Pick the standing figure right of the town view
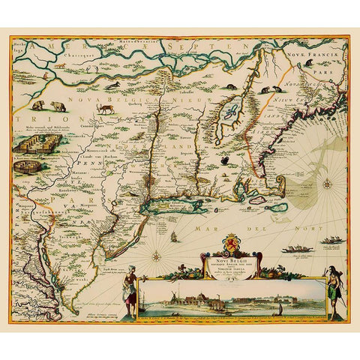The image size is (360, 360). [333, 292]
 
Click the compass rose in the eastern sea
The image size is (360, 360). [328, 184]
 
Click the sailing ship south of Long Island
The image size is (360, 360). [174, 237]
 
